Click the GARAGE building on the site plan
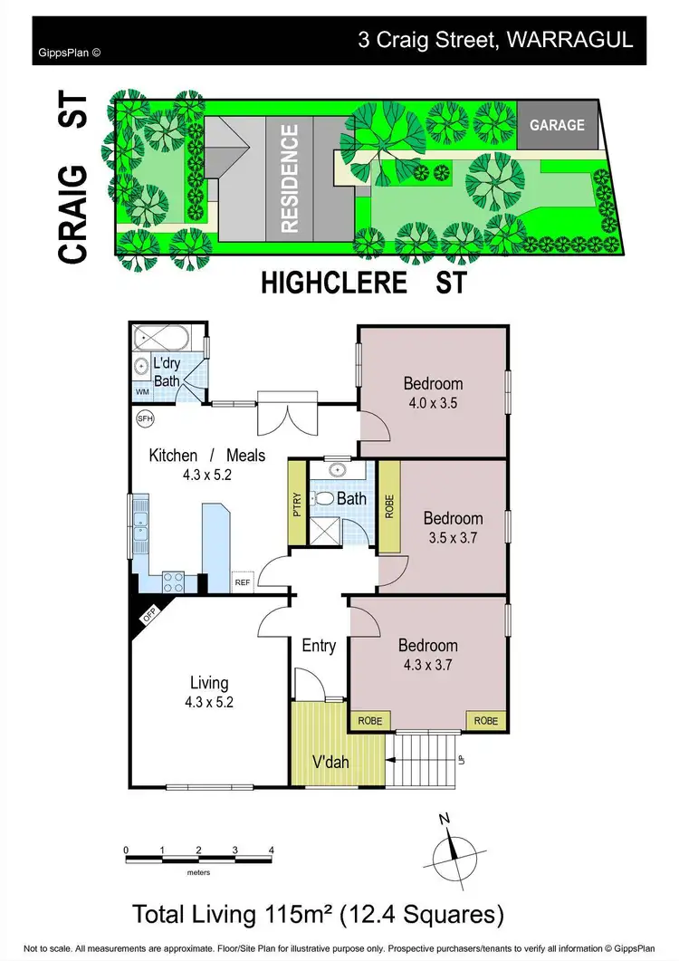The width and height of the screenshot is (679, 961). [558, 125]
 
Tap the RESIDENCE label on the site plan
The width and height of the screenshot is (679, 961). [290, 179]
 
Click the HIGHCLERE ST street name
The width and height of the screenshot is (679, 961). [363, 282]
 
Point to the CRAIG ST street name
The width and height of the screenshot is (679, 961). [73, 178]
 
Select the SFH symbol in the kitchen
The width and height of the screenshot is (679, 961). [144, 419]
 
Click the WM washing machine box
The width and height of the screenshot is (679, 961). [142, 392]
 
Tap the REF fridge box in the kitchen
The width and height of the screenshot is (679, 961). [243, 583]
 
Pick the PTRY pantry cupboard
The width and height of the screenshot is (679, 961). [296, 504]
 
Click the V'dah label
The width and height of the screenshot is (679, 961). [330, 762]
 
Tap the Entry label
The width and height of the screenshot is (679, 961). [319, 646]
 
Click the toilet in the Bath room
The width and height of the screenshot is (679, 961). [323, 497]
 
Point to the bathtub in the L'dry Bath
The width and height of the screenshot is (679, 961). [164, 340]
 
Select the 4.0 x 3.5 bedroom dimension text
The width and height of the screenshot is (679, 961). [432, 403]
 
